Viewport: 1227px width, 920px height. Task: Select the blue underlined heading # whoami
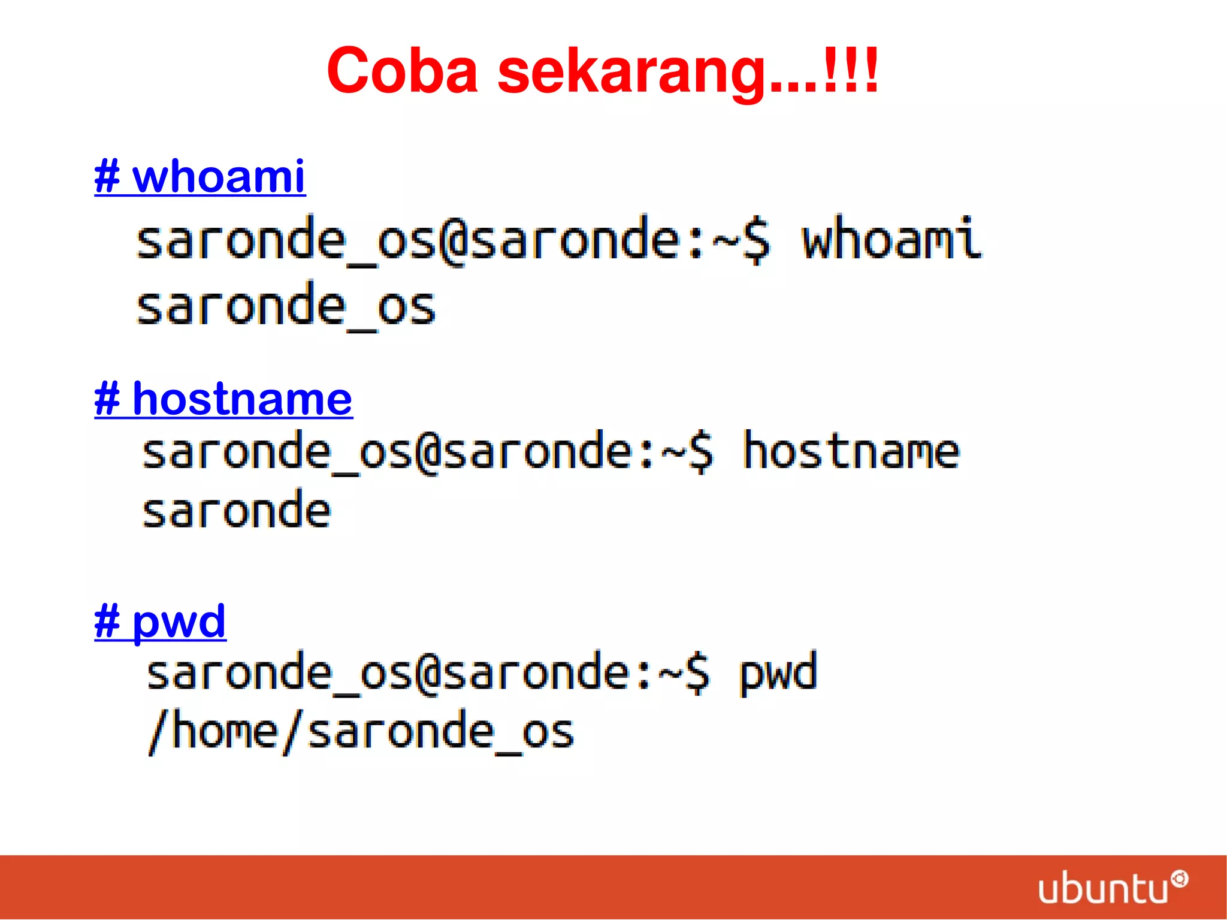click(x=200, y=177)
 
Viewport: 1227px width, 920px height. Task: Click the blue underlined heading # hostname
click(x=223, y=399)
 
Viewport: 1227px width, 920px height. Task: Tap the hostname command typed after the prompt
click(x=851, y=451)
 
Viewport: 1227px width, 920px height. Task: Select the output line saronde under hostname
click(x=236, y=511)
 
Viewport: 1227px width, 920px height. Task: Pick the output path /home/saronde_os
click(x=361, y=731)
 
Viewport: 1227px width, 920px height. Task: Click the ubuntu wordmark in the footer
click(x=1102, y=889)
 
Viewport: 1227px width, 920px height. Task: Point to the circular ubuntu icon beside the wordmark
click(x=1179, y=879)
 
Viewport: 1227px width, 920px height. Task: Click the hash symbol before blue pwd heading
click(x=107, y=622)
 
